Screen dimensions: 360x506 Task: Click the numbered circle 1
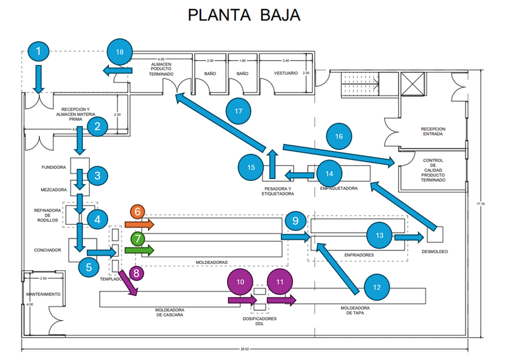(x=40, y=52)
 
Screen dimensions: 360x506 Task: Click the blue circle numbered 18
(x=120, y=53)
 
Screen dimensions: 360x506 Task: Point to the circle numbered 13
(x=379, y=235)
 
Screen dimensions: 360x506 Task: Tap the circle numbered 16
(x=339, y=136)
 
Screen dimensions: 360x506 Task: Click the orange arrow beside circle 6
(x=139, y=224)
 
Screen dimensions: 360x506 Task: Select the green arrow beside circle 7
(x=139, y=251)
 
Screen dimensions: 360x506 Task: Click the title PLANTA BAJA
(x=244, y=15)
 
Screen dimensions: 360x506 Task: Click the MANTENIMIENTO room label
(x=43, y=295)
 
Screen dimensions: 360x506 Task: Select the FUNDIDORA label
(x=53, y=168)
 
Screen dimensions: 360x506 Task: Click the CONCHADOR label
(x=47, y=250)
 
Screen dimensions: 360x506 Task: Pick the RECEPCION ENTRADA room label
(x=433, y=131)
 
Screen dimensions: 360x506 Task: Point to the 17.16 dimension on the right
(x=482, y=204)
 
